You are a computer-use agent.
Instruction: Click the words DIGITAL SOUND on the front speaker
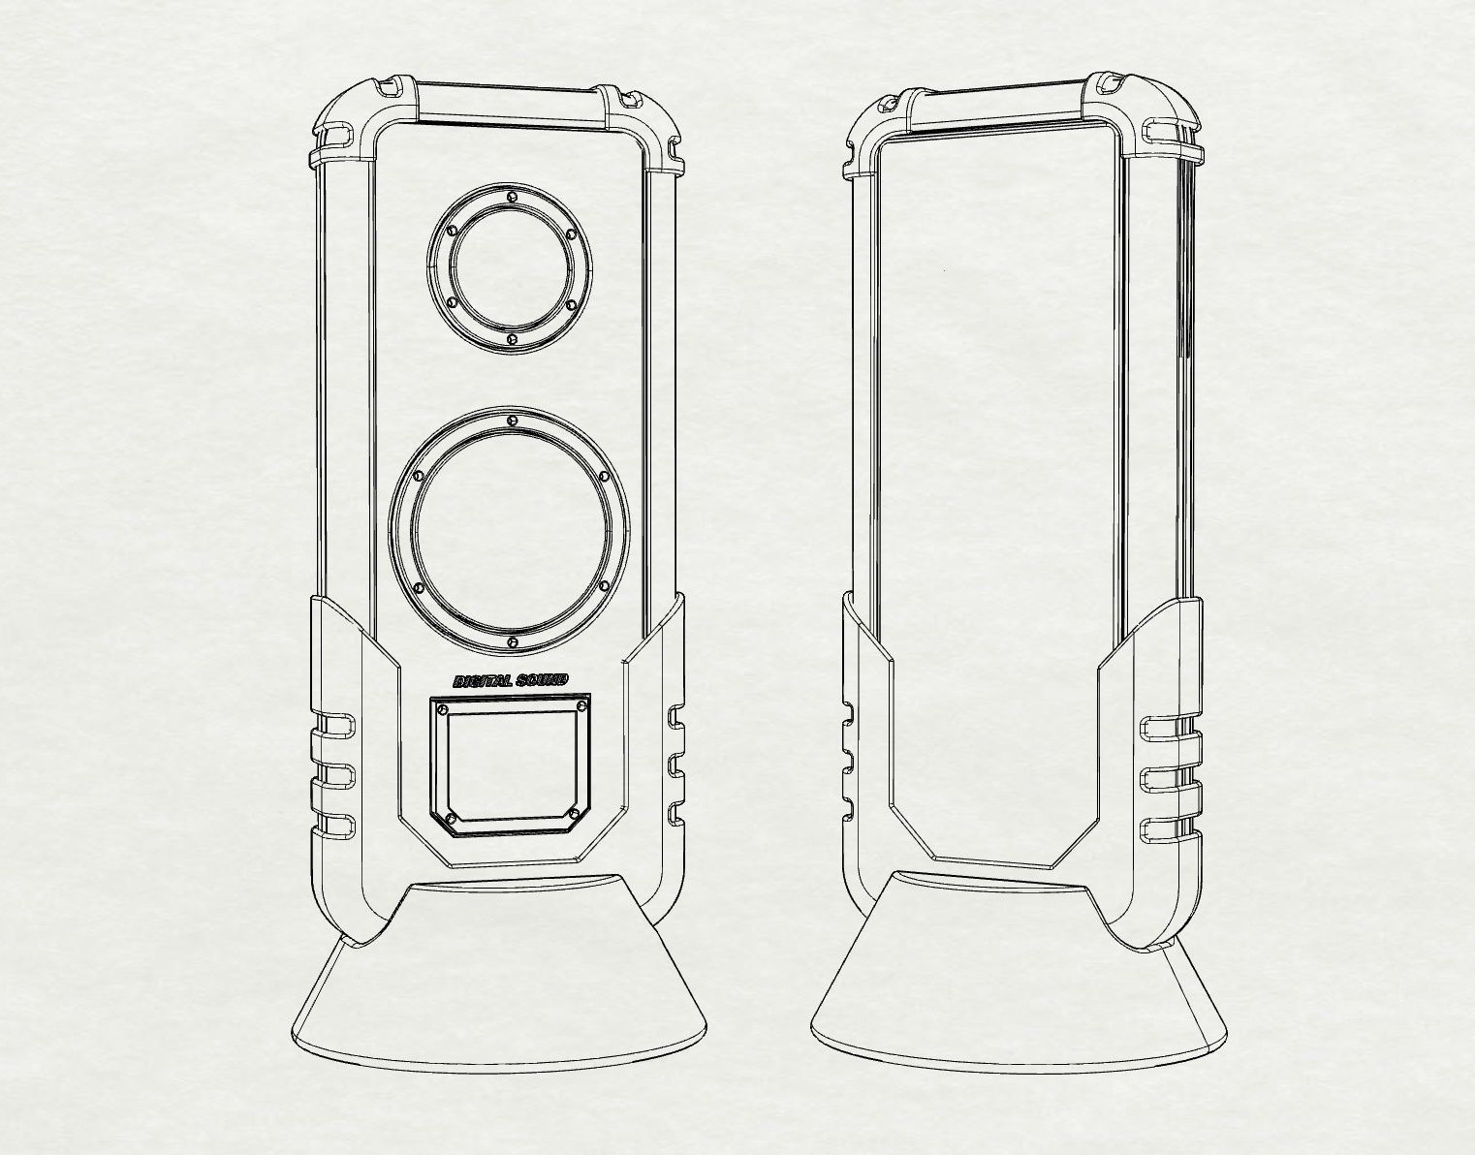coord(511,681)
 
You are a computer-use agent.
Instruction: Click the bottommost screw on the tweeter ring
coord(511,338)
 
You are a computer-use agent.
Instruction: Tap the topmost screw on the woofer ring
coord(511,421)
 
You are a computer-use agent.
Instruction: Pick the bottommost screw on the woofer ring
coord(511,642)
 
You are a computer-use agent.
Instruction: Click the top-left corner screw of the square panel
coord(444,710)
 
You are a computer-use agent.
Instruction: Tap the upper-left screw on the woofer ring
coord(418,477)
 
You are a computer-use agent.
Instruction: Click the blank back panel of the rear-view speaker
coord(998,484)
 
